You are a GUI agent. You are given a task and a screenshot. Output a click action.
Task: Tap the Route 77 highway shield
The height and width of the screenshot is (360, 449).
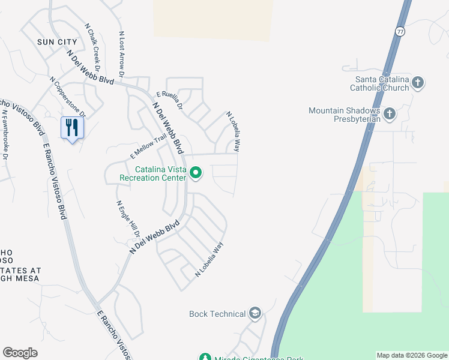click(x=400, y=31)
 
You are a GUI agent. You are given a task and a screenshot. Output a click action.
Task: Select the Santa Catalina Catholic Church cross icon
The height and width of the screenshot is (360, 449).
click(x=418, y=83)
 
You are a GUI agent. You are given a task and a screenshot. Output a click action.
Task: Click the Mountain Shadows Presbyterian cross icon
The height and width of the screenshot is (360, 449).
click(x=389, y=113)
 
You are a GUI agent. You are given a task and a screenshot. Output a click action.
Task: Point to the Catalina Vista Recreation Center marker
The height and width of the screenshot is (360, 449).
click(x=195, y=173)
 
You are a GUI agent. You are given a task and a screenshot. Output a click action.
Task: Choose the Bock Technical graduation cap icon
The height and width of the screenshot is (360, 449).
click(x=255, y=313)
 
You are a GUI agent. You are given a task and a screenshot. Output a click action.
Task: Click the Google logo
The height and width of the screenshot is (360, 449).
click(x=20, y=353)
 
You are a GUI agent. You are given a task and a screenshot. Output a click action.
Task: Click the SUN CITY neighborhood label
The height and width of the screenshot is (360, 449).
click(x=57, y=42)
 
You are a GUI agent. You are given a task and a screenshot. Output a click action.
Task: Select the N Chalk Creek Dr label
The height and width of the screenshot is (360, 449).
click(x=92, y=44)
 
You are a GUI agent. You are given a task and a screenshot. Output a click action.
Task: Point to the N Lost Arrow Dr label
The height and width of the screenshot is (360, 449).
click(x=121, y=55)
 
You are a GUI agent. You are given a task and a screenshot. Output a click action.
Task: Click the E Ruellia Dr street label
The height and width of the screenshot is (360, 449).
click(x=169, y=98)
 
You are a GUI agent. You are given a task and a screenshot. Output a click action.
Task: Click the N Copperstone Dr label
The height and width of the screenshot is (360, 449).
click(x=68, y=97)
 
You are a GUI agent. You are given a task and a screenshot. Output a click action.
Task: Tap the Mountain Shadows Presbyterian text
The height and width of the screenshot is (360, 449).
click(x=345, y=115)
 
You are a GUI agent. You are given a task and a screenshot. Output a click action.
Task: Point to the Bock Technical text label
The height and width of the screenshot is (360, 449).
click(x=217, y=314)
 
